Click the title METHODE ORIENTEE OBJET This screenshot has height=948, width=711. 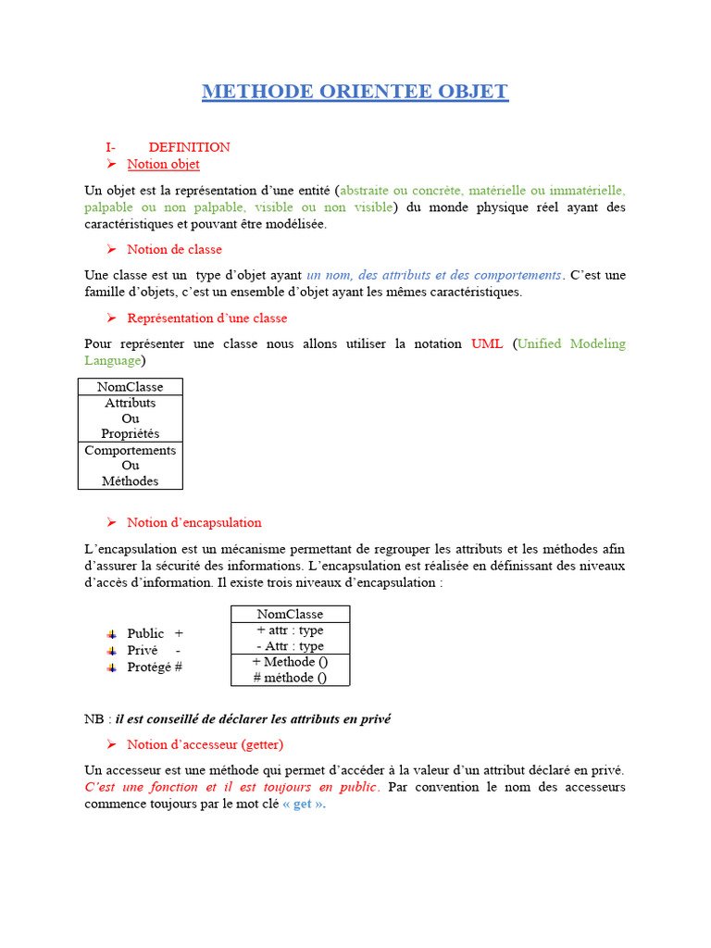tap(355, 92)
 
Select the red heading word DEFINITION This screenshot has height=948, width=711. tap(189, 147)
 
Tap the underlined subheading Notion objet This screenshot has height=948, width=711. tap(163, 164)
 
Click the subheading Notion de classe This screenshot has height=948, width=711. tap(174, 249)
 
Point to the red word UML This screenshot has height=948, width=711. tap(487, 343)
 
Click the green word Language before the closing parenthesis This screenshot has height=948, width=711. tap(112, 360)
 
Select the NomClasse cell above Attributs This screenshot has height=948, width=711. tap(130, 387)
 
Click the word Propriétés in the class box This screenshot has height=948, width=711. tap(130, 433)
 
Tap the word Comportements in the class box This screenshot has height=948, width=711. tap(130, 450)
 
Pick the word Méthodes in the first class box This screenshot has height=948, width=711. tap(130, 480)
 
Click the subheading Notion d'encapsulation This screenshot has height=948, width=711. tap(194, 522)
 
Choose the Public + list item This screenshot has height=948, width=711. tap(155, 633)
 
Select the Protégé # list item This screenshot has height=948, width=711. tap(154, 667)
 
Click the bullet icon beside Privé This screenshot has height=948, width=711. tap(111, 651)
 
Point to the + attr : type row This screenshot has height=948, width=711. tap(290, 630)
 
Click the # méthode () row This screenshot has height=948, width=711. tap(290, 678)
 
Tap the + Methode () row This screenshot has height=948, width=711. tap(290, 662)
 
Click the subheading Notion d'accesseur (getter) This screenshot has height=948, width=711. tap(205, 744)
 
